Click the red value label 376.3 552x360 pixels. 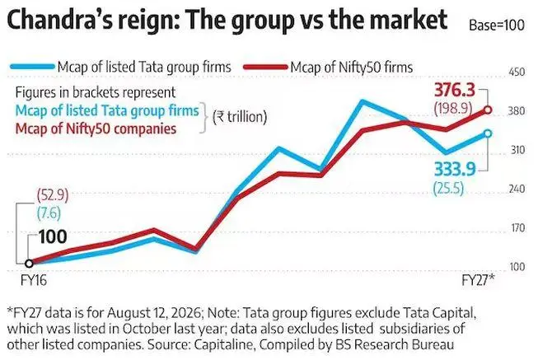455,90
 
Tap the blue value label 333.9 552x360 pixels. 455,169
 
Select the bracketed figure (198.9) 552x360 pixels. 453,108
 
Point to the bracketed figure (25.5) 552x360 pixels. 448,189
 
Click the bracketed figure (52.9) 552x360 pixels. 53,195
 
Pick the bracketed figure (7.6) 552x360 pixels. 49,213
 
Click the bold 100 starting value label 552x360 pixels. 53,236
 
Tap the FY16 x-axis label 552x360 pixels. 34,280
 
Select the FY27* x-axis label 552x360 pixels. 478,280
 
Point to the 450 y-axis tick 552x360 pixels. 517,72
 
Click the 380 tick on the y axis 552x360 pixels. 517,111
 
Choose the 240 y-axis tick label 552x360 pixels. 517,189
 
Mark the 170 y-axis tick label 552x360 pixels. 517,228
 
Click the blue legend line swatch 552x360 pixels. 32,67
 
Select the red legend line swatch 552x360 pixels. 265,67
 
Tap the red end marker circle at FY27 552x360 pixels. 488,110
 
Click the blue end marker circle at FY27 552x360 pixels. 488,133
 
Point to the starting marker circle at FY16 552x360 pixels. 29,264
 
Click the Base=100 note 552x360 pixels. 497,26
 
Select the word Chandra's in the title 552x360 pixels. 59,21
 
